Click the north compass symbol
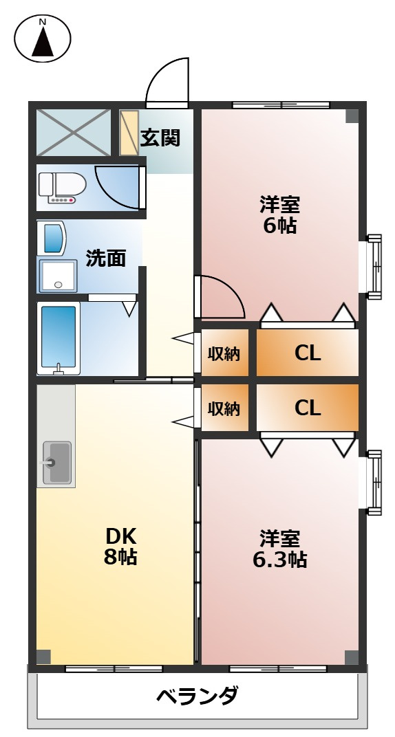(x=43, y=39)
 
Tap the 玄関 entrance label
(x=160, y=137)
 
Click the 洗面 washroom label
(x=106, y=258)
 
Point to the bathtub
(x=58, y=338)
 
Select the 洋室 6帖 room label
(x=280, y=214)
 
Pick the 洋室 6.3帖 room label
(x=280, y=549)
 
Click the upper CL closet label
(x=308, y=353)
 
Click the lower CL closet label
(x=308, y=408)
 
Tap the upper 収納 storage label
(x=224, y=354)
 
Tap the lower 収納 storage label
(x=224, y=408)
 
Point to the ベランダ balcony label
(x=197, y=696)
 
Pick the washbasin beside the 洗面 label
(x=58, y=275)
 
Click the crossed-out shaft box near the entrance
(x=73, y=131)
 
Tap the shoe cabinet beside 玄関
(x=129, y=131)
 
